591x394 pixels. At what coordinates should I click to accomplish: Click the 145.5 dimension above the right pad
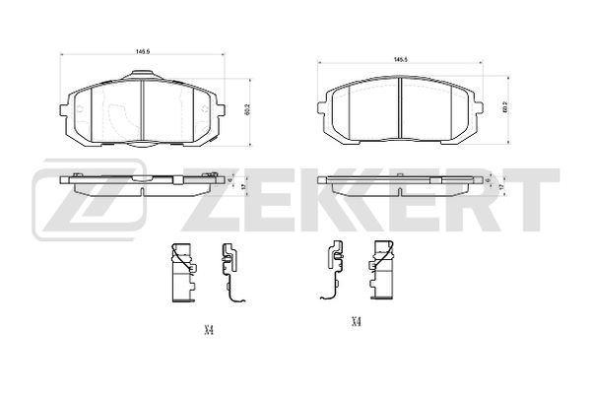click(401, 60)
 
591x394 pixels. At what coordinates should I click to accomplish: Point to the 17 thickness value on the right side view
click(502, 186)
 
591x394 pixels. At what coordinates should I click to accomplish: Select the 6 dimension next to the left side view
click(229, 180)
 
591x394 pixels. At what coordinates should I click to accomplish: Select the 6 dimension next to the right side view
click(489, 180)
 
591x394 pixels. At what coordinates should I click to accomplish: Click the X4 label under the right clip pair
click(356, 321)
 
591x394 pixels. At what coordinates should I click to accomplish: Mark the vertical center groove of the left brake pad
click(143, 108)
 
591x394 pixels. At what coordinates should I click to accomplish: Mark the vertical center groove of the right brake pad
click(401, 109)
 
